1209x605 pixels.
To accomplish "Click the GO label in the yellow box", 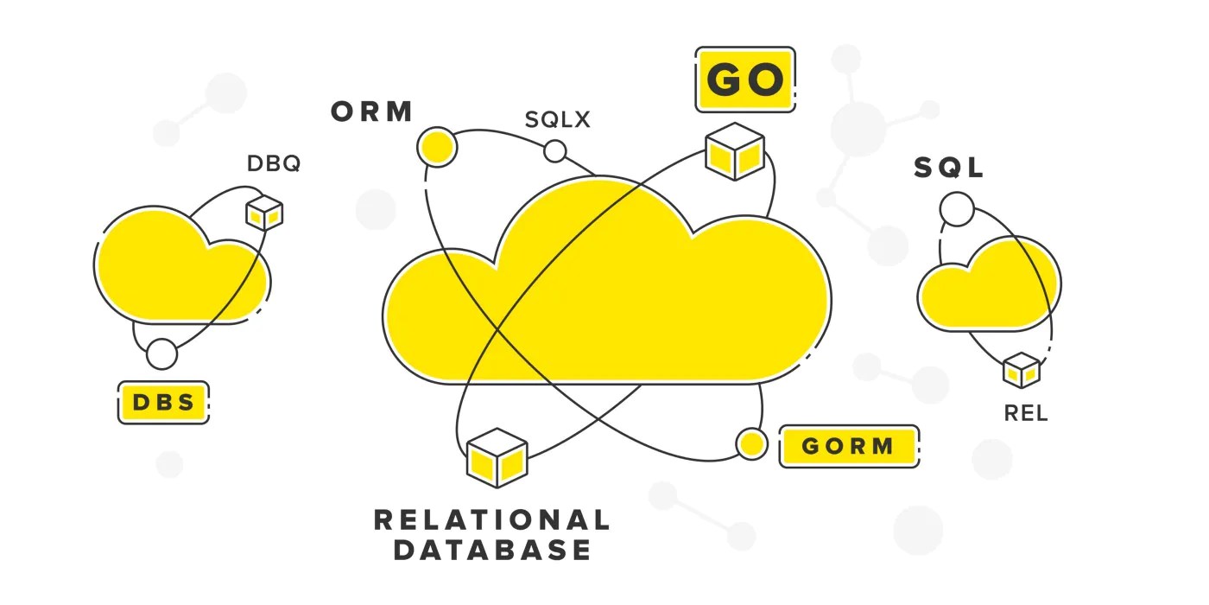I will click(x=745, y=80).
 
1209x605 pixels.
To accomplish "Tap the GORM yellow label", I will click(x=847, y=446).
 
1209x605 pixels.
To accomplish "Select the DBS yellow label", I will click(x=163, y=402).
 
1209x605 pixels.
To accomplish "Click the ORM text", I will click(x=372, y=112).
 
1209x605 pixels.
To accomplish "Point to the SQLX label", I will click(x=558, y=119).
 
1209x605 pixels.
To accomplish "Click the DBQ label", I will click(x=274, y=163).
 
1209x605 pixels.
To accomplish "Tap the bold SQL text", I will click(x=949, y=168).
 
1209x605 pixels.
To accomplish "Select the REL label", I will click(x=1025, y=414).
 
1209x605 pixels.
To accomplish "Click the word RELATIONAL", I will click(x=491, y=519).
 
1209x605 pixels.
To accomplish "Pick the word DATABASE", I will click(x=492, y=550).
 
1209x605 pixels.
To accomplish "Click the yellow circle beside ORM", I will click(x=436, y=148).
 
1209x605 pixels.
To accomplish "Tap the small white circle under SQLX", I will click(x=554, y=152).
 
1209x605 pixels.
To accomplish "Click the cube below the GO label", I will click(x=735, y=151).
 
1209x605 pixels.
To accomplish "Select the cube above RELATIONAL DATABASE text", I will click(x=497, y=456).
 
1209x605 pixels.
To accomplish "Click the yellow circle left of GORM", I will click(x=751, y=444).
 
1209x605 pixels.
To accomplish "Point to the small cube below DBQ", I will click(x=264, y=212).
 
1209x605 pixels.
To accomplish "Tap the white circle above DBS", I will click(x=161, y=353).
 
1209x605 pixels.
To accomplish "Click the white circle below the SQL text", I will click(x=956, y=209).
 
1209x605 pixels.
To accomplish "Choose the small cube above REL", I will click(x=1021, y=370).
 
